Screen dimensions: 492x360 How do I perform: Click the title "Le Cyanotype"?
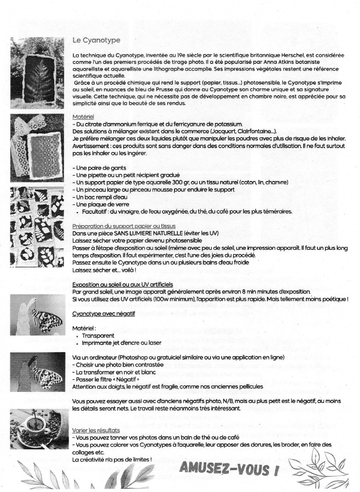pos(96,40)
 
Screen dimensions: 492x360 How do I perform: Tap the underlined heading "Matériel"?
pos(83,117)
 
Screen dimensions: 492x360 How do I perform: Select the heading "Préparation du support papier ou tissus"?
pos(124,226)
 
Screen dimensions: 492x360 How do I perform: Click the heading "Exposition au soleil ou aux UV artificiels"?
pos(123,284)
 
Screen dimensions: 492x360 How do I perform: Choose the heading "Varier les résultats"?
pos(96,431)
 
